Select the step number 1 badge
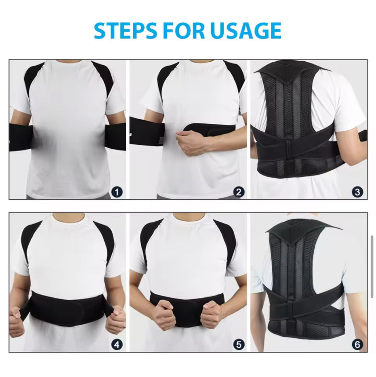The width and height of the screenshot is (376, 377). pos(117,192)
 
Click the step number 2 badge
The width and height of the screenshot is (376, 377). pos(239,192)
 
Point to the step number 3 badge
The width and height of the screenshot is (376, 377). pos(357,192)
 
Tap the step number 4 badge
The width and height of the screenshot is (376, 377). pos(117,344)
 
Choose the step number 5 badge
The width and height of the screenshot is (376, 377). pos(239,344)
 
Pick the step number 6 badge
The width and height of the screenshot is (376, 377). pos(357,344)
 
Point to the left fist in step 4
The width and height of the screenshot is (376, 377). pos(17,321)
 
